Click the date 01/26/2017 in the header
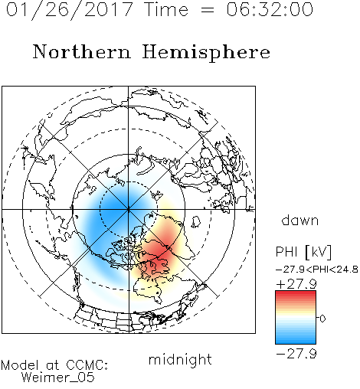70,10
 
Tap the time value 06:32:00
270,9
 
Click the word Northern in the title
82,52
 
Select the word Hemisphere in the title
206,53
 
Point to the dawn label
300,221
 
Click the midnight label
180,361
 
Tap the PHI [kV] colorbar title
303,252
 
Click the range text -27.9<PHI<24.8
317,270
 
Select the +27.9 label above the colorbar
296,284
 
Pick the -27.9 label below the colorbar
296,354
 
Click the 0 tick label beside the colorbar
322,319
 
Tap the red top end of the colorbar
296,293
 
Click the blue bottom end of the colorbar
296,342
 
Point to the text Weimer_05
58,378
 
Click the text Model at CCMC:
54,365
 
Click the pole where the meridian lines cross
129,210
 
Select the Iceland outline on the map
196,222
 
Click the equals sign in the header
208,11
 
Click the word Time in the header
166,9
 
